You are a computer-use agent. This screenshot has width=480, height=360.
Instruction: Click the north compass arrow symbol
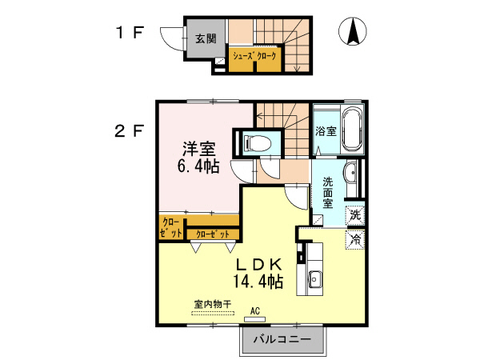coord(351,32)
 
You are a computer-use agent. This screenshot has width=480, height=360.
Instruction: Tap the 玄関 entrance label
coord(206,38)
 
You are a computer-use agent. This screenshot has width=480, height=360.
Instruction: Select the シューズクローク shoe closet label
coord(254,57)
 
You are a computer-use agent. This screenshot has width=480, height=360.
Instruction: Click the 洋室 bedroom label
coord(198,149)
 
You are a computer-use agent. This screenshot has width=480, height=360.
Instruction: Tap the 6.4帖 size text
coord(198,167)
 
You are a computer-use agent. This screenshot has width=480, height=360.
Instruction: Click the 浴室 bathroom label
coord(325,130)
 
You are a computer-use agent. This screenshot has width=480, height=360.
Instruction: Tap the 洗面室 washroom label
coord(327,192)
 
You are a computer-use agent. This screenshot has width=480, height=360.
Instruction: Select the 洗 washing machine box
coord(354,214)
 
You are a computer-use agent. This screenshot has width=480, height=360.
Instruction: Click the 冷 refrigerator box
coord(354,238)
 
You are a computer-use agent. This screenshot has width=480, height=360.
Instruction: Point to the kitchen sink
coord(314,279)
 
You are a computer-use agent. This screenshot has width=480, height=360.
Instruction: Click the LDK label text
coord(258,263)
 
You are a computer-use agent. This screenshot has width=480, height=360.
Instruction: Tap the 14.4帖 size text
coord(258,281)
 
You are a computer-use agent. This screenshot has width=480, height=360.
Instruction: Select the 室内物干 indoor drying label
coord(212,304)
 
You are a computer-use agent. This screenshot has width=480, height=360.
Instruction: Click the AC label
coord(256,311)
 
